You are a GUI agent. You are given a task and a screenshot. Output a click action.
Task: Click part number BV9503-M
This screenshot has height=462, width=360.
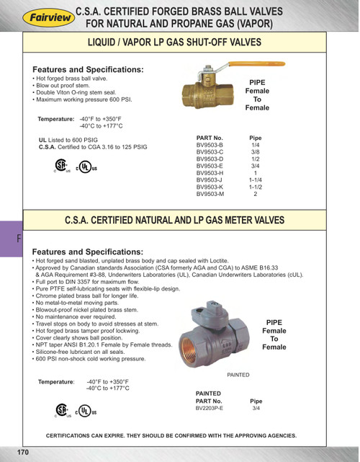pyautogui.click(x=210, y=194)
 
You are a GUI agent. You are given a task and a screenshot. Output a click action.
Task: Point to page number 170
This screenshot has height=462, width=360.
pyautogui.click(x=22, y=452)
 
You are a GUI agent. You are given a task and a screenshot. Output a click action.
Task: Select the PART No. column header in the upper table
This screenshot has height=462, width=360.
pyautogui.click(x=210, y=137)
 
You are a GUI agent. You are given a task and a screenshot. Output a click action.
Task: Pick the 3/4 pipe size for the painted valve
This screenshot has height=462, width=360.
pyautogui.click(x=255, y=408)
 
